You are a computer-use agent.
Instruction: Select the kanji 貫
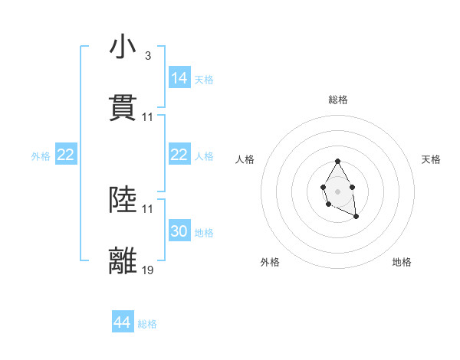pos(123,108)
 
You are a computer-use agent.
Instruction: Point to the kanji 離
pos(123,261)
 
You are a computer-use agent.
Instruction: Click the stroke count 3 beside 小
pos(147,56)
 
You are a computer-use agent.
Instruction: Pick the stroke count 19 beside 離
pos(148,271)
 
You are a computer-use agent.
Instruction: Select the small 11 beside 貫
pos(148,117)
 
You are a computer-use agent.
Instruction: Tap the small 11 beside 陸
pos(148,208)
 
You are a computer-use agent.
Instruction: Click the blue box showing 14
pos(179,78)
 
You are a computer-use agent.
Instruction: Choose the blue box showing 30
pos(179,231)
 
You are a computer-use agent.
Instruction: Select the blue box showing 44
pos(123,322)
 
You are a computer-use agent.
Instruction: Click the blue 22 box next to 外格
pos(66,155)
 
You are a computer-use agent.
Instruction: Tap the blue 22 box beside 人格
pos(179,155)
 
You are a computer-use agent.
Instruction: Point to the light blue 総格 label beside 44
pos(147,324)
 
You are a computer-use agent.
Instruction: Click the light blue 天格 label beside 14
pos(204,80)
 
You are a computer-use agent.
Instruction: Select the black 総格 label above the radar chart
pos(337,100)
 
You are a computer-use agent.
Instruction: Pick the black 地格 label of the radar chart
pos(402,262)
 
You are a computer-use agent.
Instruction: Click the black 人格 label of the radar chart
pos(245,159)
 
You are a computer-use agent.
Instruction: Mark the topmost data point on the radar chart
pos(337,162)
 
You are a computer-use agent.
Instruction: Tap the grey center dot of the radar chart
pos(337,190)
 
